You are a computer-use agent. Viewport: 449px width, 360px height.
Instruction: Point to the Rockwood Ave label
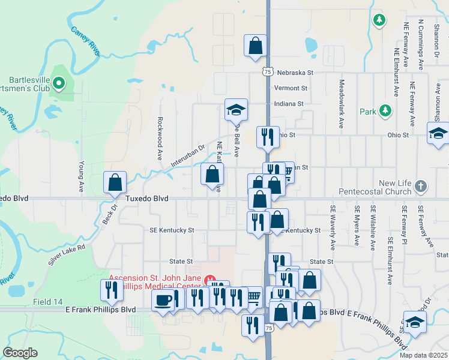tap(160, 138)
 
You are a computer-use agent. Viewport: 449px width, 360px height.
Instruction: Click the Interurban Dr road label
tap(187, 154)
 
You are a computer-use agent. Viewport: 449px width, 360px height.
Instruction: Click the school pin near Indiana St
tap(236, 110)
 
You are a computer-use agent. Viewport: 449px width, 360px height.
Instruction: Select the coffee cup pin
tap(163, 300)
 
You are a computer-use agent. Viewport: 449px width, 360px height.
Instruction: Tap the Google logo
tap(20, 353)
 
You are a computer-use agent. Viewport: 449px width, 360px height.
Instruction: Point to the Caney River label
tap(85, 41)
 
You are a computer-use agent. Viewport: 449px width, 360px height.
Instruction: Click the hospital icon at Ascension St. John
tap(210, 280)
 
